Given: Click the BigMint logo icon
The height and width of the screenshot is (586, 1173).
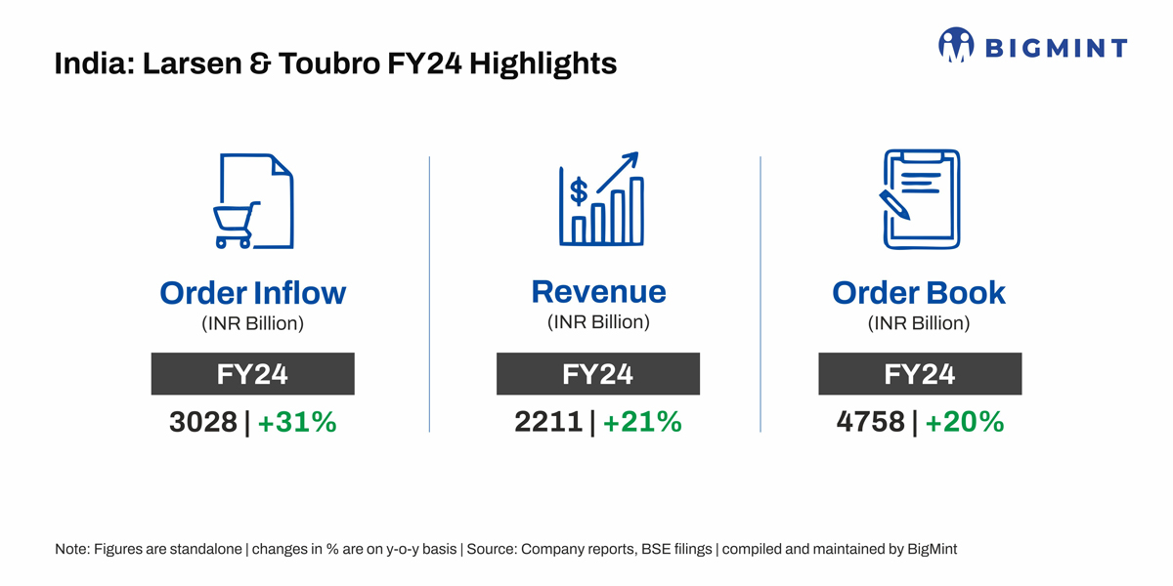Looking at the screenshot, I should [957, 45].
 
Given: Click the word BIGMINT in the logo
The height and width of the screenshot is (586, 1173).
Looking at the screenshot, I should [1056, 47].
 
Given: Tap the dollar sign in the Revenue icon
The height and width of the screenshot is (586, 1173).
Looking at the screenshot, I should [579, 190].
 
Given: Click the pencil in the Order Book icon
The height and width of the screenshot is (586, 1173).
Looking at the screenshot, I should [894, 204].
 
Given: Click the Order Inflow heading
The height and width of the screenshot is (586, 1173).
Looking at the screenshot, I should [252, 292].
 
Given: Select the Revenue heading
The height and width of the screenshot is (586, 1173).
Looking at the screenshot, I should [598, 291].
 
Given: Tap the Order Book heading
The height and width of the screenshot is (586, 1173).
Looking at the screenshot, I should [918, 292].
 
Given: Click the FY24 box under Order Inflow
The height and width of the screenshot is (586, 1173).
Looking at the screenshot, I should [252, 374].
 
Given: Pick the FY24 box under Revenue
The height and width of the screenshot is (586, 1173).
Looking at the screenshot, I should [597, 374].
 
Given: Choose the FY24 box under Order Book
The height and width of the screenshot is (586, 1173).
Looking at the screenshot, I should [919, 374].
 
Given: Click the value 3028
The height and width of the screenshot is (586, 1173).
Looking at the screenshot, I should [203, 422].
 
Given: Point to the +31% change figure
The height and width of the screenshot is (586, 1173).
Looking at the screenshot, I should [297, 422].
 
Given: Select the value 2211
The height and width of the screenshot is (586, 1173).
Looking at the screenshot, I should [548, 422].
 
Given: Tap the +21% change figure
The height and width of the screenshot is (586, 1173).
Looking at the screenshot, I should [642, 422].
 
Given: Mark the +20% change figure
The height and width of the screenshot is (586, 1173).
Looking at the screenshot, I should [965, 422].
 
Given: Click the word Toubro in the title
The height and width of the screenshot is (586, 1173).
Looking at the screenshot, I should [321, 64].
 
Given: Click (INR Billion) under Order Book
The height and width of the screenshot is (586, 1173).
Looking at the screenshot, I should [919, 323].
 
